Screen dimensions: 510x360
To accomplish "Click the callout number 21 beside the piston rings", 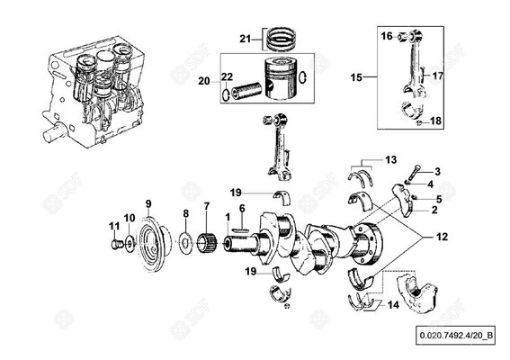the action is coord(246,39).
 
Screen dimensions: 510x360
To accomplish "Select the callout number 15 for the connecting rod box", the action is coord(356,77).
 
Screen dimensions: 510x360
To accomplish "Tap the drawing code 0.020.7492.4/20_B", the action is coord(455,335).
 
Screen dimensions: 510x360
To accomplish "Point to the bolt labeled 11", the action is coord(116,244).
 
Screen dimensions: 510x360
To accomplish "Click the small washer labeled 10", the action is coord(130,243).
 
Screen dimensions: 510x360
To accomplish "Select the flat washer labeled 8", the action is coord(185,242).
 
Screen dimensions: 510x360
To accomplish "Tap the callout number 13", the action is coord(391,160).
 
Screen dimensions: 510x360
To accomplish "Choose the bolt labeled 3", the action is coord(413,174).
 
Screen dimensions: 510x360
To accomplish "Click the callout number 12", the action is coord(442,237).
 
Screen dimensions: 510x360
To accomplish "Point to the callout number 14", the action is coord(393,305).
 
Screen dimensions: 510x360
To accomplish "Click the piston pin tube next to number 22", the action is coord(246,89).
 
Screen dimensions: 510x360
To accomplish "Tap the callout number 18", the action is coord(436,121).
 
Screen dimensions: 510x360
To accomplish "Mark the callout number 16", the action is coord(387,36).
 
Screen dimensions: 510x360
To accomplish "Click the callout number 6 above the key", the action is coord(242,208).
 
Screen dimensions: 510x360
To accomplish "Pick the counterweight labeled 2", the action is coord(403,200).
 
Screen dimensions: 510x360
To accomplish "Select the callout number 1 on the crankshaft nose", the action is coord(228,217).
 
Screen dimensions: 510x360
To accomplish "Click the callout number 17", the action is coord(438,76).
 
